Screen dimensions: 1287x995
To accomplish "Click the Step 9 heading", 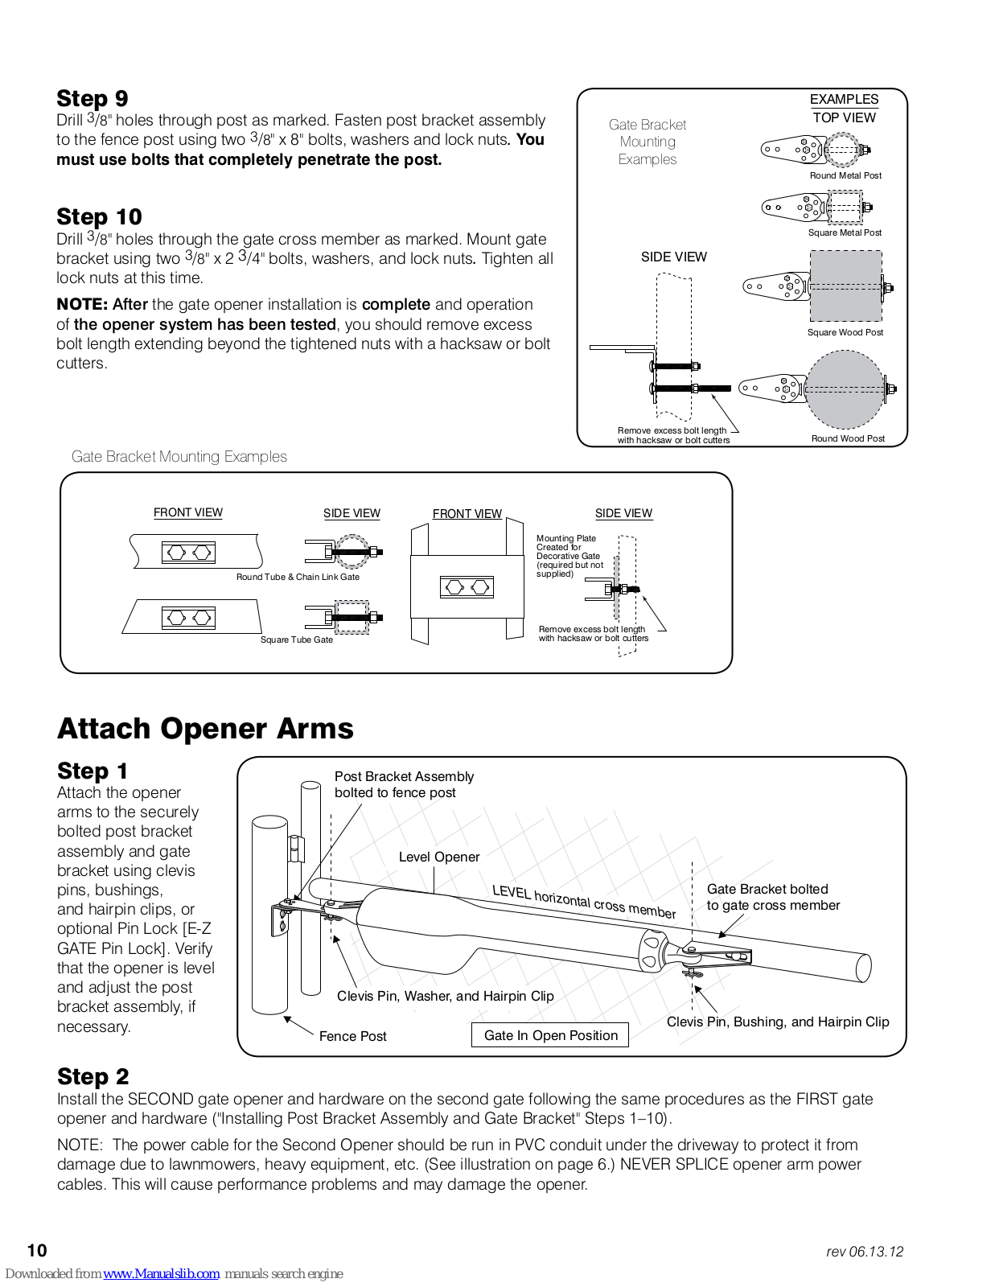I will coord(92,99).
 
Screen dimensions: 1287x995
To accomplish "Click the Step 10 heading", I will coord(99,217).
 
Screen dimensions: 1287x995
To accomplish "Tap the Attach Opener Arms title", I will coord(205,729).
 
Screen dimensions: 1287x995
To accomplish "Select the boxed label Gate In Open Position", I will coord(551,1035).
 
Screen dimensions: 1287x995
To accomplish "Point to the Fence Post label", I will coord(352,1036).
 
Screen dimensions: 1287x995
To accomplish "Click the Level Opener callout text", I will coord(439,857).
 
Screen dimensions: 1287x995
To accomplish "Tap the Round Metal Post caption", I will coord(845,175).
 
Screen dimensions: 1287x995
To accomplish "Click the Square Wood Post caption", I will coord(845,332).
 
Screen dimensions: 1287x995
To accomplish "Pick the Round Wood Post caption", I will coord(848,438).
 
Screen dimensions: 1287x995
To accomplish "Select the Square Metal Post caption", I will coord(845,232).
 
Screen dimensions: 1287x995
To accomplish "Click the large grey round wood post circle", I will coord(845,389).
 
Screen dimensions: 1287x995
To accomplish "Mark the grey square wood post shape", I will coord(845,286).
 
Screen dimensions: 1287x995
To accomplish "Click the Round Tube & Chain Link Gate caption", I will coord(298,577).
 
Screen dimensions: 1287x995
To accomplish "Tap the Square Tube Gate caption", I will coord(296,639).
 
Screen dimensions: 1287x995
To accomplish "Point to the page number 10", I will coord(37,1250).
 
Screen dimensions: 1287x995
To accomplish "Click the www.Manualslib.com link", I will coord(161,1273).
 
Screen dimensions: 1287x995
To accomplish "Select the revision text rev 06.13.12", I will coord(865,1252).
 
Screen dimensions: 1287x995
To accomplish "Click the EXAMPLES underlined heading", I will coord(844,99).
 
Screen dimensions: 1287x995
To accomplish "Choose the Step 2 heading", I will coord(93,1076).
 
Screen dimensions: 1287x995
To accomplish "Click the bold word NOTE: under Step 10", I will coord(82,305).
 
